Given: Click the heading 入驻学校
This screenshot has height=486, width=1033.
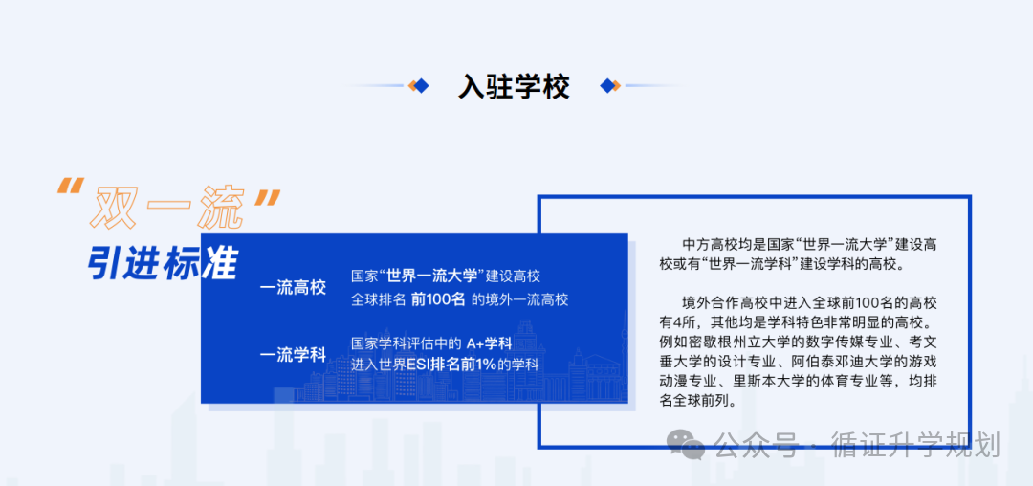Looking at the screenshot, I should point(514,87).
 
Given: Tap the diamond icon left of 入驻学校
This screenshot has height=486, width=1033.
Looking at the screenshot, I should point(418,86).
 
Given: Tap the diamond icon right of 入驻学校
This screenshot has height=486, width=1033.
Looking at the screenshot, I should point(610,86).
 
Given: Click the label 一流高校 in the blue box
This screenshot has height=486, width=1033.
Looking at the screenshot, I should point(293,287).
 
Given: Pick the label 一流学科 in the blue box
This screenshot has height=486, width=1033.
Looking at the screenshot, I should point(293,355).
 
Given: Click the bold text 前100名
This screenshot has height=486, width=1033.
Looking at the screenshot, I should point(438,299).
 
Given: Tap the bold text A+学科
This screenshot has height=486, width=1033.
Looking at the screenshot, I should point(489,342).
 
